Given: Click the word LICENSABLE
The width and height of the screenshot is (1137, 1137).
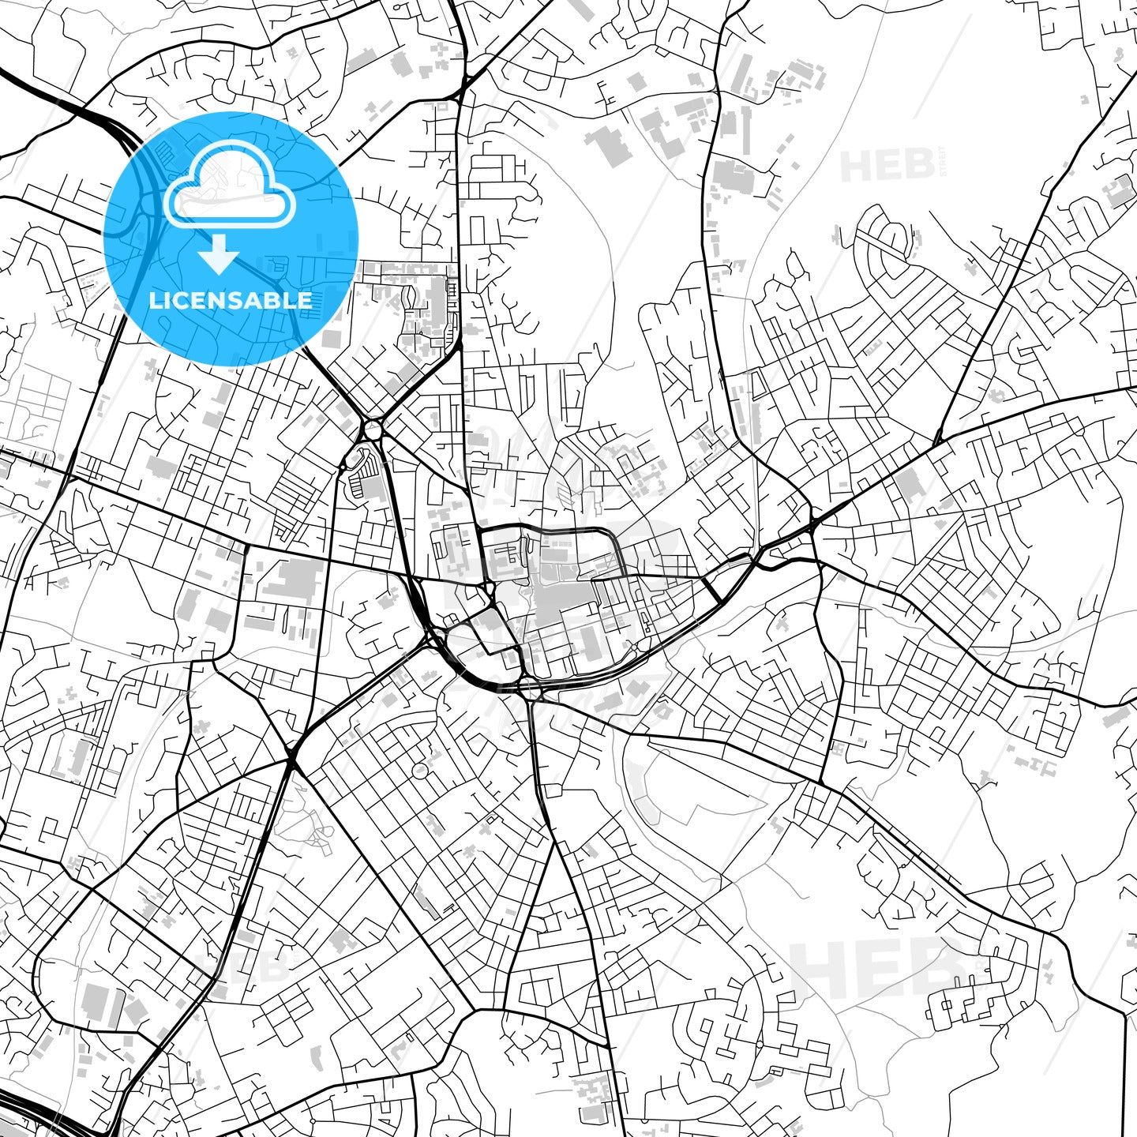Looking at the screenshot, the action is (x=231, y=301).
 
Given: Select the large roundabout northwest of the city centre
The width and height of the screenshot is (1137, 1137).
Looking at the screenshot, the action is (x=371, y=431).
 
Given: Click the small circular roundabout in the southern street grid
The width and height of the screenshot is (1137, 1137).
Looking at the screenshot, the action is (x=419, y=769).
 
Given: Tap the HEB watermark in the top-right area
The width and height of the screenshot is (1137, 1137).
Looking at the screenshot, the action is (x=887, y=165).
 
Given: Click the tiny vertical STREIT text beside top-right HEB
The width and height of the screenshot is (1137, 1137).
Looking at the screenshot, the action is (x=943, y=165).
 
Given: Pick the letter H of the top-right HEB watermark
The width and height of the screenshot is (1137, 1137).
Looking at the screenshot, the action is (x=854, y=165).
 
